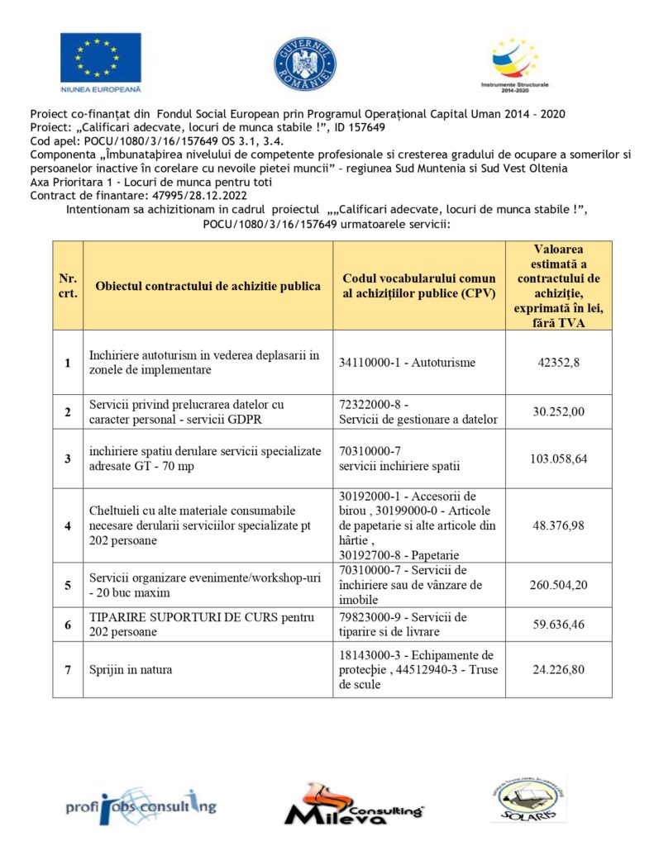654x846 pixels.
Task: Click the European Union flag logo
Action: (x=100, y=57)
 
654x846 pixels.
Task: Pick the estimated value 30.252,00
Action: (x=558, y=411)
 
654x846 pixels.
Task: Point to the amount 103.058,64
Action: (x=558, y=459)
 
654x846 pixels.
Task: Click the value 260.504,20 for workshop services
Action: (x=558, y=585)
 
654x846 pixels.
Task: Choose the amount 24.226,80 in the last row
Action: (x=558, y=669)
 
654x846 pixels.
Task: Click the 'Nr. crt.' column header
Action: (x=68, y=286)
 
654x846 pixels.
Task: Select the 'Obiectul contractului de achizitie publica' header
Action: (x=208, y=286)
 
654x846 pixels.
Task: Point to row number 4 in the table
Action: (x=68, y=525)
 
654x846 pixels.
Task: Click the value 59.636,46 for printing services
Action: (x=558, y=625)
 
